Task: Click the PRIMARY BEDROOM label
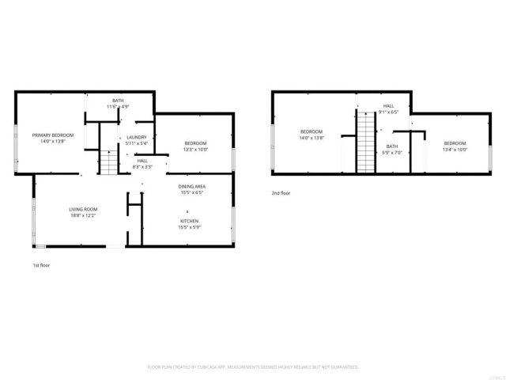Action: click(x=53, y=135)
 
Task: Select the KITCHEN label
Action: click(x=188, y=221)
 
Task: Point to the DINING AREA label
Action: click(x=191, y=186)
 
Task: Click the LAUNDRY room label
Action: click(x=137, y=137)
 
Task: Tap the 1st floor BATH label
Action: click(x=118, y=101)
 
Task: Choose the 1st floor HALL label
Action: click(x=142, y=161)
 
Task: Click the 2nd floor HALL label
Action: click(x=388, y=106)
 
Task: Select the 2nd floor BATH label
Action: click(x=392, y=146)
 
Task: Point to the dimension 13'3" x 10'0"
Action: click(x=195, y=149)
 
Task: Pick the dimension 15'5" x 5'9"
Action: click(x=188, y=227)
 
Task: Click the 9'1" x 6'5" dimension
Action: click(x=388, y=112)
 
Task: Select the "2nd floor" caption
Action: click(x=281, y=192)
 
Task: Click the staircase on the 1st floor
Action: click(x=107, y=164)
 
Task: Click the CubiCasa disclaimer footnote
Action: click(x=253, y=367)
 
